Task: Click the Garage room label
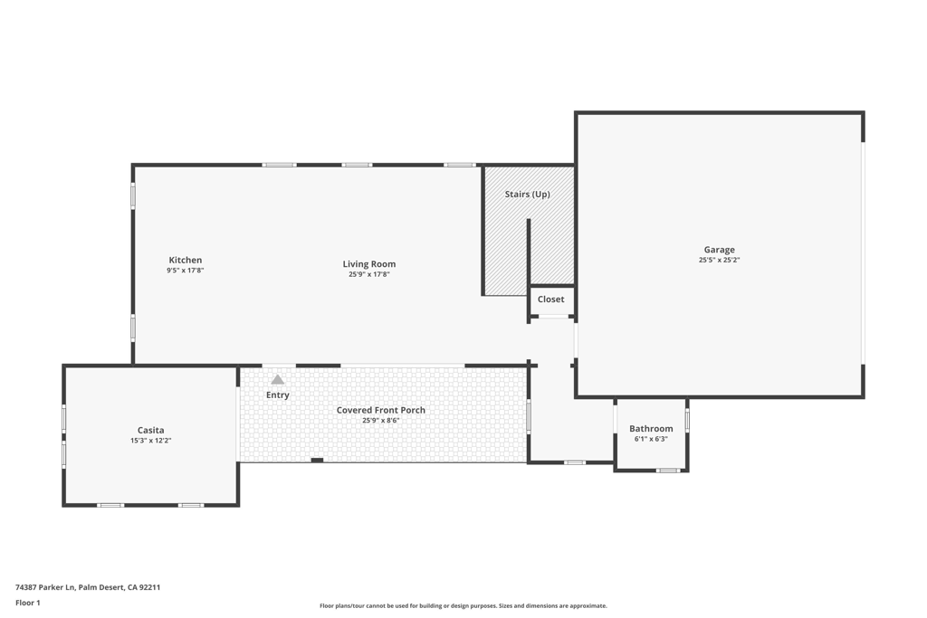coord(719,250)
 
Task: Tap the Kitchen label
coord(185,260)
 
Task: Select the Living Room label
coord(369,264)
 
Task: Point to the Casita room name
coord(151,430)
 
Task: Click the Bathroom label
coord(651,428)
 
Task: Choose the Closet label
coord(550,299)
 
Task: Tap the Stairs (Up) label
coord(528,194)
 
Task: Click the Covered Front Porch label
coord(381,410)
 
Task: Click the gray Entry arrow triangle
coord(277,380)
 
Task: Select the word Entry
coord(277,395)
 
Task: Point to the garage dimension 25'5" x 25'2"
coord(719,260)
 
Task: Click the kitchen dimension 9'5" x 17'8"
coord(185,271)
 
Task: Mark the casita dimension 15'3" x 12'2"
coord(151,441)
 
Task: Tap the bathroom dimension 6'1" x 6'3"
coord(651,439)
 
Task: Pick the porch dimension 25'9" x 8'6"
coord(381,421)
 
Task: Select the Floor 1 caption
coord(28,604)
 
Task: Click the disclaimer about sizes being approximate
coord(463,605)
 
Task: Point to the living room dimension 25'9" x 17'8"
coord(369,275)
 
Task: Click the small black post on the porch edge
coord(317,461)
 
